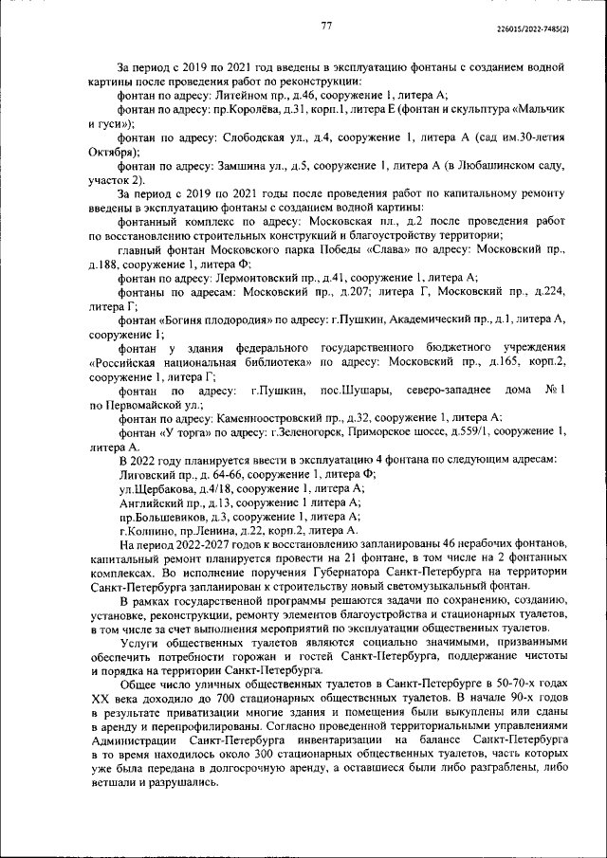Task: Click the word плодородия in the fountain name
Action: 242,319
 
